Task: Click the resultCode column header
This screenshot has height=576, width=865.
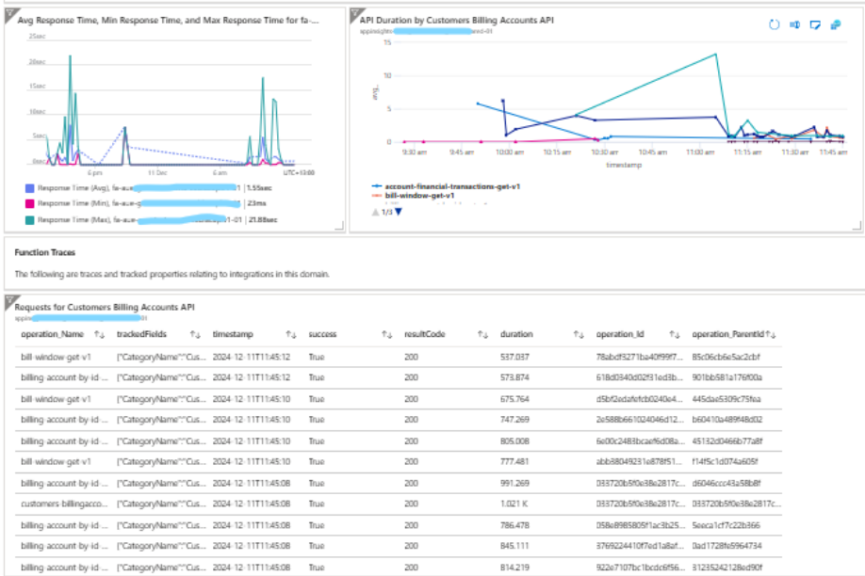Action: coord(425,334)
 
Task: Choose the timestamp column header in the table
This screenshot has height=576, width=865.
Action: coord(232,334)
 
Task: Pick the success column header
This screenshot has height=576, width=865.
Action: coord(322,334)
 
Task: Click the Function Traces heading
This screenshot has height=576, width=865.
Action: coord(44,252)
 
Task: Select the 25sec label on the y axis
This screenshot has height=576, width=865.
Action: coord(37,36)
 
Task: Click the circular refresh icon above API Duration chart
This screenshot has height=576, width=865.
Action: coord(775,24)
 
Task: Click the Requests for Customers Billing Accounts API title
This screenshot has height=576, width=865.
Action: coord(104,306)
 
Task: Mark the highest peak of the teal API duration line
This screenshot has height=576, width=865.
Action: coord(717,54)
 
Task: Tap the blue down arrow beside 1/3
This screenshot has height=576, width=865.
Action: coord(398,211)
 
